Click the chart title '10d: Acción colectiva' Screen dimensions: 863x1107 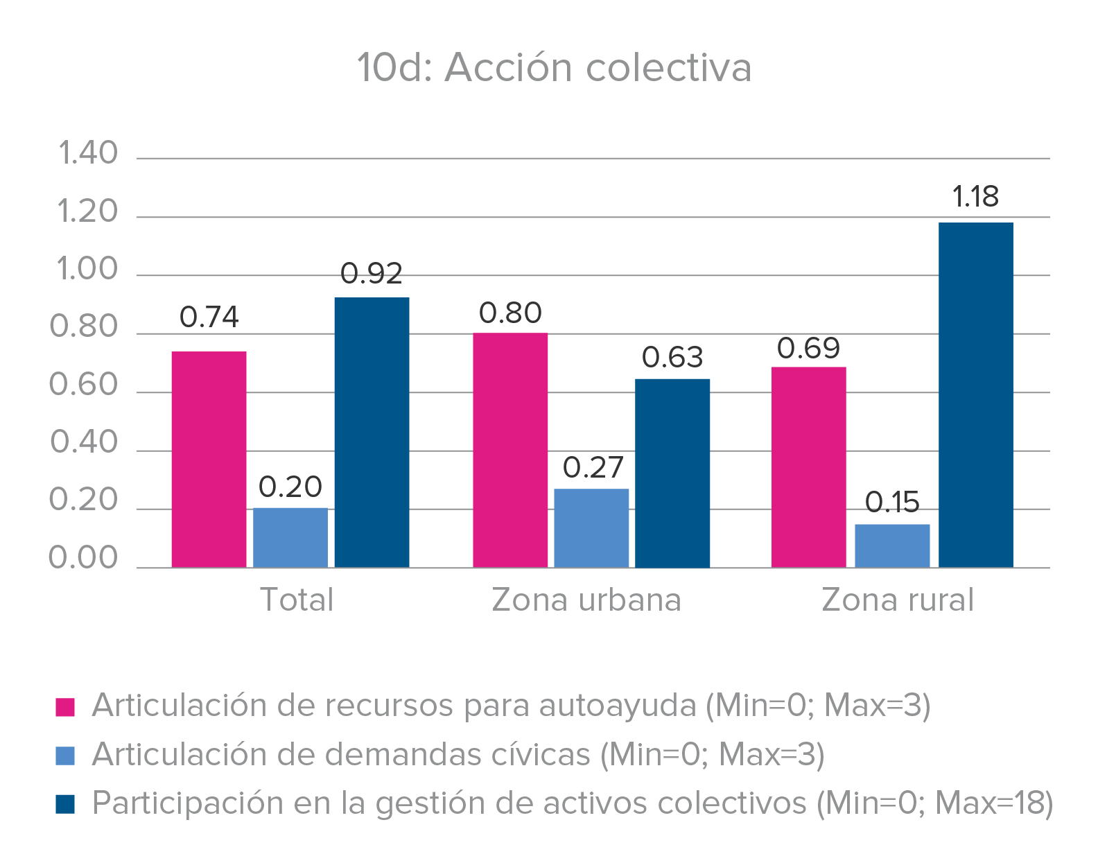pos(554,68)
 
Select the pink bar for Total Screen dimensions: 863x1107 pos(209,459)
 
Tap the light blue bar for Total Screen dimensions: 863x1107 pos(290,537)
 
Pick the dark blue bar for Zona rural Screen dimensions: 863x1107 pos(975,394)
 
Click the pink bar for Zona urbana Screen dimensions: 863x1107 pos(510,450)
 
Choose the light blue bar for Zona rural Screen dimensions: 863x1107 pos(892,546)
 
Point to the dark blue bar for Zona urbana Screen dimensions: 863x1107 pos(672,473)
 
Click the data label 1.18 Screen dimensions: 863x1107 pos(975,197)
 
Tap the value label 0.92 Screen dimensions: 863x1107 pos(372,274)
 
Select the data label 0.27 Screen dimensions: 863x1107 pos(593,468)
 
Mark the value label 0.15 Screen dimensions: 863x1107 pos(892,503)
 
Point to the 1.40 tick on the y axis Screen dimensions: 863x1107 pos(87,153)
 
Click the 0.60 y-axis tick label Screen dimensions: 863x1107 pos(84,385)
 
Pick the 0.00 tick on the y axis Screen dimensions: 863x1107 pos(84,558)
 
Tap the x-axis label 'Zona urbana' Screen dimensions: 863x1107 pos(586,600)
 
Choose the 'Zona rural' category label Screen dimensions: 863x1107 pos(898,600)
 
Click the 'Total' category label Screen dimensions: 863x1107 pos(297,600)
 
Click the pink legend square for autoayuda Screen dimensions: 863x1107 pos(65,707)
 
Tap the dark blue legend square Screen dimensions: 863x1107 pos(65,804)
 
